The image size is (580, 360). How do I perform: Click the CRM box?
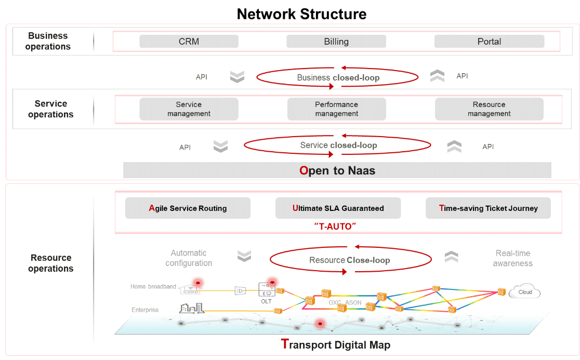pyautogui.click(x=189, y=42)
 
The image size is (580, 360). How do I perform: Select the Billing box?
pyautogui.click(x=336, y=42)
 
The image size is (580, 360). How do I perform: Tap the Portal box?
pyautogui.click(x=489, y=42)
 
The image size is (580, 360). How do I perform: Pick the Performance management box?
pyautogui.click(x=337, y=109)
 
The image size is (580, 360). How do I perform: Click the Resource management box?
pyautogui.click(x=489, y=109)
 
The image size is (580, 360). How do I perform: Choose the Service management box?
pyautogui.click(x=189, y=109)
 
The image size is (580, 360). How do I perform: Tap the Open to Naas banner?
pyautogui.click(x=337, y=170)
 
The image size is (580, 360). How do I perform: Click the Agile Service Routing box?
pyautogui.click(x=188, y=208)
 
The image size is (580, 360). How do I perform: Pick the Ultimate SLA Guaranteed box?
pyautogui.click(x=338, y=208)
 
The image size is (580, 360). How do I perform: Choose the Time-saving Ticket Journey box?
pyautogui.click(x=488, y=208)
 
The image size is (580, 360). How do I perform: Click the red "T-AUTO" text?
pyautogui.click(x=335, y=226)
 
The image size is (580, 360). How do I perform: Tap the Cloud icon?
pyautogui.click(x=524, y=291)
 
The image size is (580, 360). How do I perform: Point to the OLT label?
pyautogui.click(x=266, y=302)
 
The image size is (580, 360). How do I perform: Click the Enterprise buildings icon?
pyautogui.click(x=192, y=308)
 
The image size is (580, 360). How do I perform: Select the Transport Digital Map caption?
pyautogui.click(x=336, y=344)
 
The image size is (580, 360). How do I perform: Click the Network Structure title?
pyautogui.click(x=301, y=14)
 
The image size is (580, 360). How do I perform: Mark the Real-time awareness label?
pyautogui.click(x=512, y=258)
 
